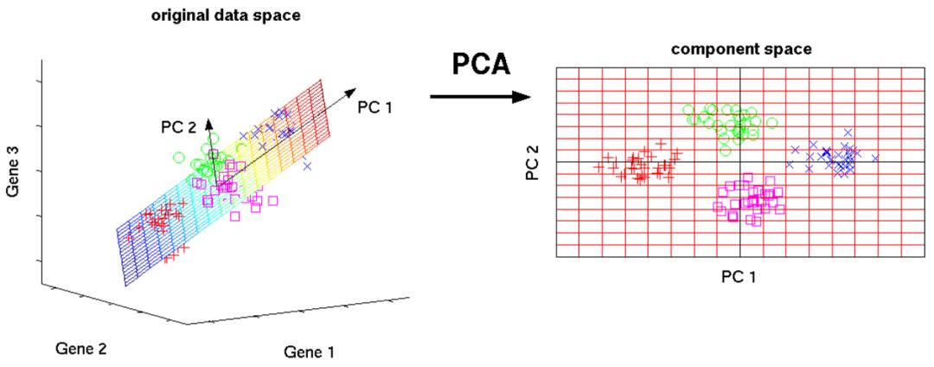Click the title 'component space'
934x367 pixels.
click(741, 49)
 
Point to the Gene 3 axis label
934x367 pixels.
click(14, 171)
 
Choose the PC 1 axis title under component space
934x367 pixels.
click(740, 275)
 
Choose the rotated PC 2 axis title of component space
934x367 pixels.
click(533, 163)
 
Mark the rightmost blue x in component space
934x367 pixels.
click(875, 158)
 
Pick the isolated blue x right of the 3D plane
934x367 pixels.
click(307, 165)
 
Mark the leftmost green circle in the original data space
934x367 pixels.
click(178, 158)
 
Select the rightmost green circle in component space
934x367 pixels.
click(771, 123)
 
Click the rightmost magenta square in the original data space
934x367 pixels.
click(273, 200)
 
